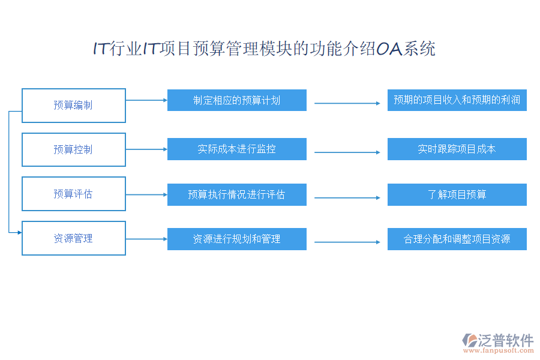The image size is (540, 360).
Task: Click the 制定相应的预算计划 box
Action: tap(237, 100)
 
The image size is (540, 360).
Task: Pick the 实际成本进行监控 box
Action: tap(237, 149)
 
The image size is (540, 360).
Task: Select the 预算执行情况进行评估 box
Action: tap(237, 194)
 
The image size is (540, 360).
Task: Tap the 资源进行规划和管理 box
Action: tap(237, 239)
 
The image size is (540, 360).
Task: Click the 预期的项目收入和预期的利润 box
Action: tap(457, 100)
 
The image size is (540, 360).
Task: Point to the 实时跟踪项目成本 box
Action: tap(457, 149)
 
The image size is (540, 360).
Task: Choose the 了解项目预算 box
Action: tap(457, 194)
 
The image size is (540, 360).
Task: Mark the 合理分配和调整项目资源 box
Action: tap(457, 239)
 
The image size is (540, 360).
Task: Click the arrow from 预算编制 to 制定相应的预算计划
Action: tap(146, 100)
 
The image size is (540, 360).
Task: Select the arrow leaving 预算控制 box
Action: tap(146, 149)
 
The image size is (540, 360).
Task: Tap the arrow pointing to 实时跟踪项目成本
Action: tap(347, 152)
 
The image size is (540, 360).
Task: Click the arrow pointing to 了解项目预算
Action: tap(347, 198)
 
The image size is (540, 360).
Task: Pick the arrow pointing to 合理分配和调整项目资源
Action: tap(347, 242)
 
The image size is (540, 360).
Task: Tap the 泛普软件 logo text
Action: tap(506, 340)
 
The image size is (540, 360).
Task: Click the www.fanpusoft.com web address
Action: tap(499, 350)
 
